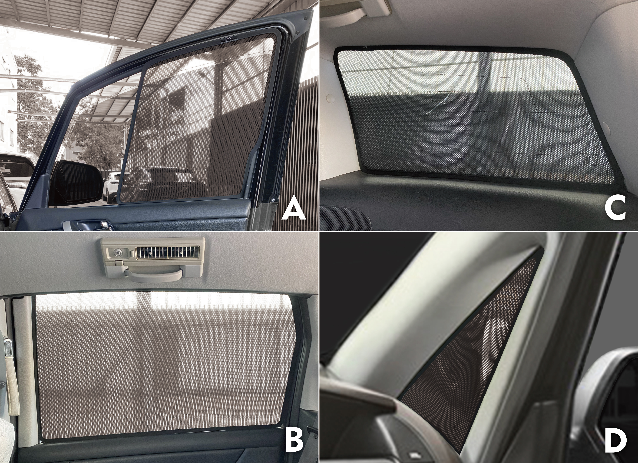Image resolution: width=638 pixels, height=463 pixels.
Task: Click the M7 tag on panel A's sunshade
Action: point(229,39)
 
